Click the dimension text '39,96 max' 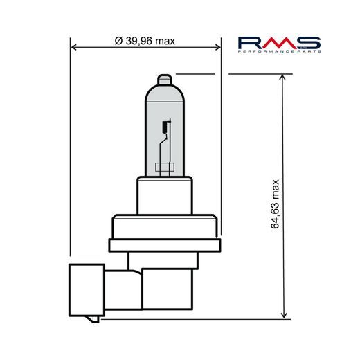coord(150,41)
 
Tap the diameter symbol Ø coord(118,41)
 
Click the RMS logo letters coord(279,43)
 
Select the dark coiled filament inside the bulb coord(165,127)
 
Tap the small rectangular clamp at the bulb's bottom coord(164,167)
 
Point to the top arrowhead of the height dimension coord(283,78)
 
